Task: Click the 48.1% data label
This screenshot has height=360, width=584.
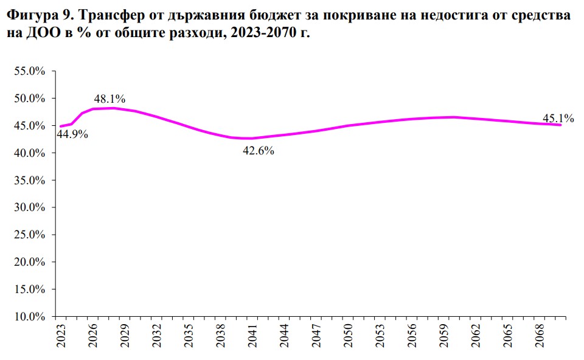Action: (109, 99)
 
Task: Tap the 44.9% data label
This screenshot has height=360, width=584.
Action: (72, 134)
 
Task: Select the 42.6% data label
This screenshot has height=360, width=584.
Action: (259, 151)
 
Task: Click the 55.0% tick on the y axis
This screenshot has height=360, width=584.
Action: (29, 71)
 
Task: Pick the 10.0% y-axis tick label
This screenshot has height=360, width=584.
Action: (29, 317)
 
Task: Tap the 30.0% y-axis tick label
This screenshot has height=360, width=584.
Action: (29, 207)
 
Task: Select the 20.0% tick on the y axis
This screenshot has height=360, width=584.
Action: (29, 262)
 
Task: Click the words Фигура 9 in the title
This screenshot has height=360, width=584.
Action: (36, 16)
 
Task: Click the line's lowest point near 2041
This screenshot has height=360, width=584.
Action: (251, 138)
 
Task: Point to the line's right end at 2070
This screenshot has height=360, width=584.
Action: (560, 125)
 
